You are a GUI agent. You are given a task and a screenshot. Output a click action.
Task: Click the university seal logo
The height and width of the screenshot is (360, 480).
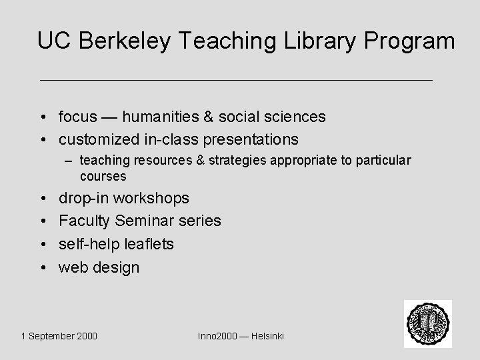[427, 323]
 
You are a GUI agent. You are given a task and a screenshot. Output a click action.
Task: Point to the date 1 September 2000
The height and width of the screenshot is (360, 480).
[59, 336]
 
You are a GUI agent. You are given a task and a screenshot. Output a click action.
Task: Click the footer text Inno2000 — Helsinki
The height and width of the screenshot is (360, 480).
[241, 336]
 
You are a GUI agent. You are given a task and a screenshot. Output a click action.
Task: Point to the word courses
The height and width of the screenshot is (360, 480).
[103, 176]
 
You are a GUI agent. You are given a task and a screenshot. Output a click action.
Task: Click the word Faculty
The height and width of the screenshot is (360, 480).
[85, 221]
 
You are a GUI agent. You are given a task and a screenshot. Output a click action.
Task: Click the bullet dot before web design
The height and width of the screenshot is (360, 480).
[42, 268]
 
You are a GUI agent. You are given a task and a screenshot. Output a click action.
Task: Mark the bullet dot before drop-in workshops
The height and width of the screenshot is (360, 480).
[42, 199]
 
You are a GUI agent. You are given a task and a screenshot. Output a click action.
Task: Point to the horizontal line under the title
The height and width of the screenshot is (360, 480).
[237, 80]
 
